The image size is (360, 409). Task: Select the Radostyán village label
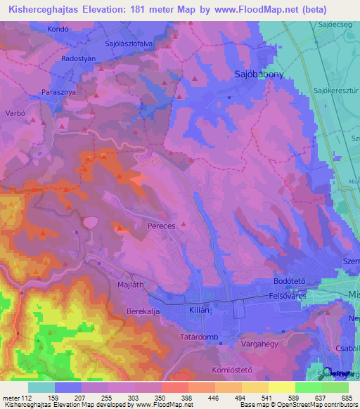[78, 59]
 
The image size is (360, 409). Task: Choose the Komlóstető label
[231, 370]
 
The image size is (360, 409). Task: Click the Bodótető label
[288, 281]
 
